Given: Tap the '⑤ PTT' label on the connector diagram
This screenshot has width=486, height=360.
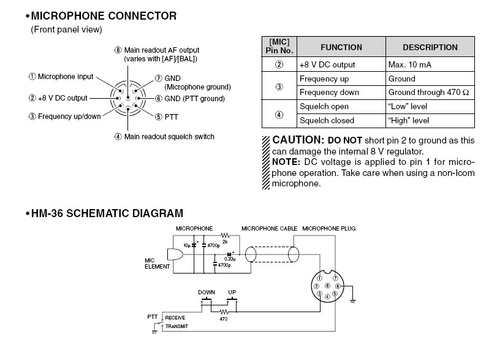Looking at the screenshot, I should pyautogui.click(x=165, y=117).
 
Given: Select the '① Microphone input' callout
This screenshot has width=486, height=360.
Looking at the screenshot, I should pyautogui.click(x=61, y=77).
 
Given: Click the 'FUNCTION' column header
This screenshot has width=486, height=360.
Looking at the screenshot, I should pyautogui.click(x=341, y=47).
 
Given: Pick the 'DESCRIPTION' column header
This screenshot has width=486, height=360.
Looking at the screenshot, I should pyautogui.click(x=430, y=47).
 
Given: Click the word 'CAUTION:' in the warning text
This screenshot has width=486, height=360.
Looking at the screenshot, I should pyautogui.click(x=298, y=140).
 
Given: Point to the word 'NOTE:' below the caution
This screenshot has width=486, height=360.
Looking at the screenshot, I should pyautogui.click(x=286, y=161).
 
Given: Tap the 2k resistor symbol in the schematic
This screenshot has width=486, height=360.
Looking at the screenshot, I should pyautogui.click(x=224, y=235).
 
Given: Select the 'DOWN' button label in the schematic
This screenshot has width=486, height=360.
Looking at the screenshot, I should pyautogui.click(x=207, y=292).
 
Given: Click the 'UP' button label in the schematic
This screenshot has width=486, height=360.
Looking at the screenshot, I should pyautogui.click(x=232, y=292).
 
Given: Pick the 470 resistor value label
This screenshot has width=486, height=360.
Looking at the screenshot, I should pyautogui.click(x=224, y=318).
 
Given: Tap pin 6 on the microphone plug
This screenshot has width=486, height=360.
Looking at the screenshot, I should pyautogui.click(x=337, y=286).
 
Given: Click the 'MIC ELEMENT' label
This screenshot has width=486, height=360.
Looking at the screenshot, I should pyautogui.click(x=154, y=263).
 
